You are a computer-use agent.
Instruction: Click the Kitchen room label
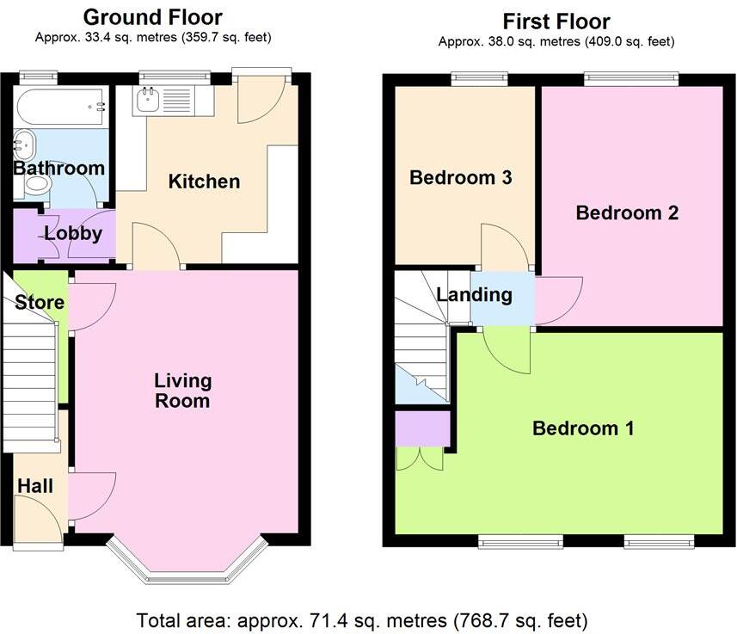click(x=204, y=182)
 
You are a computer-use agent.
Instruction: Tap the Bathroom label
click(x=58, y=169)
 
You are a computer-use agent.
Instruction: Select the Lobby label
click(x=73, y=234)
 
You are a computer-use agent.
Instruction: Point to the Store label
click(x=40, y=303)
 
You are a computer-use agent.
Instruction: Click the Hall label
click(x=35, y=486)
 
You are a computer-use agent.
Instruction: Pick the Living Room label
click(x=183, y=391)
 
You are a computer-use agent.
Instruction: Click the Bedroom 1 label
click(x=583, y=428)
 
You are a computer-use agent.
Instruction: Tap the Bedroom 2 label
click(x=627, y=213)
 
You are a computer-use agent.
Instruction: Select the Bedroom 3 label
click(x=461, y=178)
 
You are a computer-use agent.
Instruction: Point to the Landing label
click(x=474, y=295)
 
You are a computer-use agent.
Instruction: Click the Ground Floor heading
click(x=153, y=17)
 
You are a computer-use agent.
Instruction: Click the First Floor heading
click(x=556, y=22)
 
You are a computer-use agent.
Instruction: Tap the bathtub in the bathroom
click(x=61, y=108)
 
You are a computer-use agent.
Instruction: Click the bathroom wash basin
click(x=24, y=145)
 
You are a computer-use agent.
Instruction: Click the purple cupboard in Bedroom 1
click(x=422, y=429)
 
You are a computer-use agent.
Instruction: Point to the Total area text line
click(x=362, y=621)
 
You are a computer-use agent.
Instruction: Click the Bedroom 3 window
click(x=479, y=78)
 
